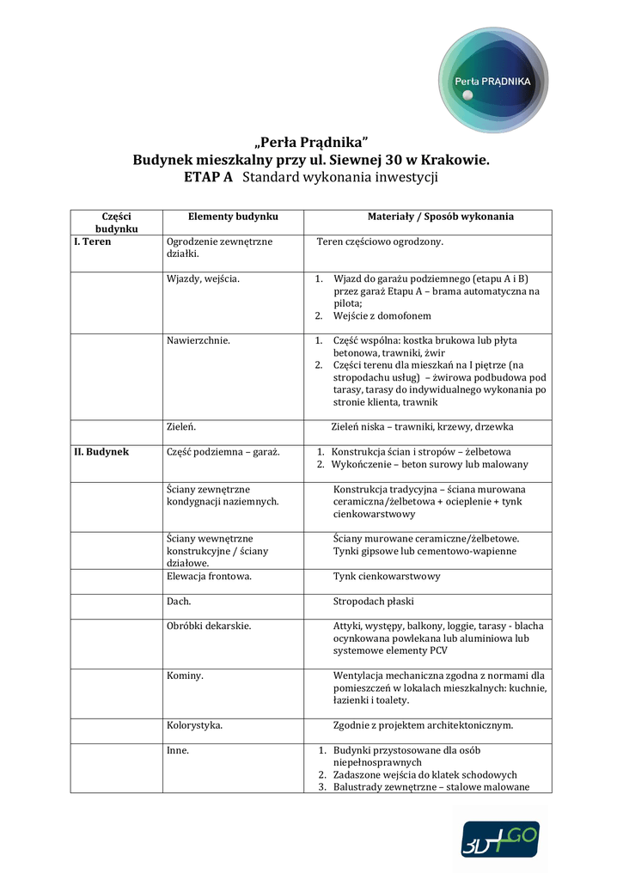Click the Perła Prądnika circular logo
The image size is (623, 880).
pos(493,82)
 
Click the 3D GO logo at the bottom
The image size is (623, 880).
pos(500,838)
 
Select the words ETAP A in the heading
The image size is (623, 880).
pos(209,178)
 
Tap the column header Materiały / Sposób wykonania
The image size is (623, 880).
pos(441,217)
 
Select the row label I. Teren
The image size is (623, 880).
pos(92,241)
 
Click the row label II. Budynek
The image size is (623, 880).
pos(101,451)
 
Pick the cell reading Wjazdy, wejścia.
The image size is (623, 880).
pos(204,278)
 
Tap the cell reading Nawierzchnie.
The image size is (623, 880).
pos(199,340)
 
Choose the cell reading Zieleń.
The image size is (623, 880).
pos(181,426)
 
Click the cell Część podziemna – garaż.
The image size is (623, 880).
pos(223,451)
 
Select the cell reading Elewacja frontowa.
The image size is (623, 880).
pos(209,576)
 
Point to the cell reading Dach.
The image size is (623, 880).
pos(179,601)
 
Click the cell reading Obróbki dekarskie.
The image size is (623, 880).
pos(209,626)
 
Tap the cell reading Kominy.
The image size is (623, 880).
pos(185,675)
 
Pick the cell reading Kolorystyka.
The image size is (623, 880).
pos(195,725)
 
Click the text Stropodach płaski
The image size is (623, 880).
pos(373,601)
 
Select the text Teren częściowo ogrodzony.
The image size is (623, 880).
pos(380,241)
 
